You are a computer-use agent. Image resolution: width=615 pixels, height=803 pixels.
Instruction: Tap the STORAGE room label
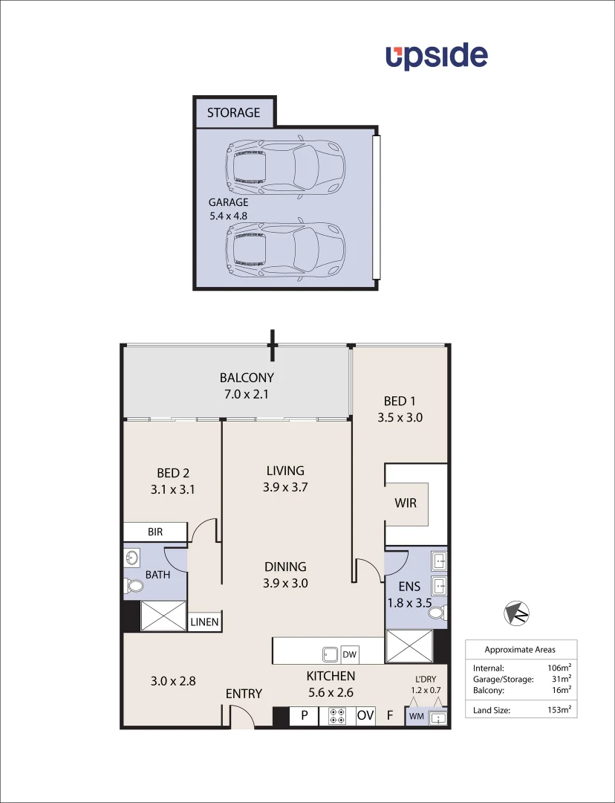[x=233, y=113]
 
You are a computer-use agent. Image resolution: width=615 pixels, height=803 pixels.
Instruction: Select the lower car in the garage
[x=286, y=247]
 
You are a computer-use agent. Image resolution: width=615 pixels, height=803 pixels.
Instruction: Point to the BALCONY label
[x=247, y=377]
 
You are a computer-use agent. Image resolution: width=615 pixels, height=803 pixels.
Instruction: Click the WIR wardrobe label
[x=406, y=503]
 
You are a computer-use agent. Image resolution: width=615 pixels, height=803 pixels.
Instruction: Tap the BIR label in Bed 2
[x=155, y=532]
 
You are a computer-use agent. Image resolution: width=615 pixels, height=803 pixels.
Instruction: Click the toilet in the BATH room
[x=134, y=587]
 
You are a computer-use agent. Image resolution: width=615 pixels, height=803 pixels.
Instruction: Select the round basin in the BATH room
[x=133, y=558]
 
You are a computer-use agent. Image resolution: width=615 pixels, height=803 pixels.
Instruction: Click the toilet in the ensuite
[x=439, y=613]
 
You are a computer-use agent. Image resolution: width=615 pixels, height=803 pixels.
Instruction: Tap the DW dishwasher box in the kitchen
[x=349, y=654]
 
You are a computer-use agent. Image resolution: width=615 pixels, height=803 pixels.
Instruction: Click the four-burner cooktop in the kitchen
[x=336, y=716]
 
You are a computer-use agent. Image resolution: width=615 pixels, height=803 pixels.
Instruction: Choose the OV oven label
[x=365, y=716]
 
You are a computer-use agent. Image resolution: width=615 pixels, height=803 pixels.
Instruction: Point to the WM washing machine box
[x=415, y=717]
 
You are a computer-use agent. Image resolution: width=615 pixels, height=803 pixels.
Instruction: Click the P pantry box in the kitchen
[x=304, y=716]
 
